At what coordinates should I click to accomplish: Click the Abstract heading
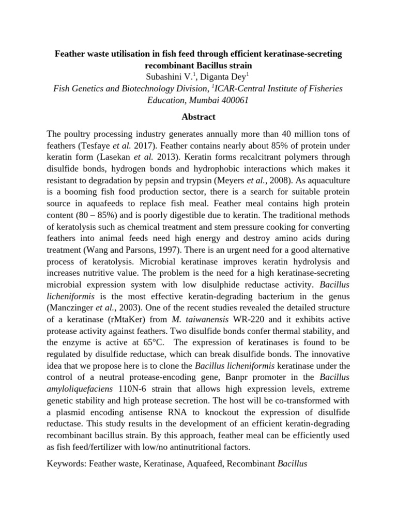pyautogui.click(x=198, y=117)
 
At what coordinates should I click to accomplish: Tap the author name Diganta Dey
pyautogui.click(x=224, y=77)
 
